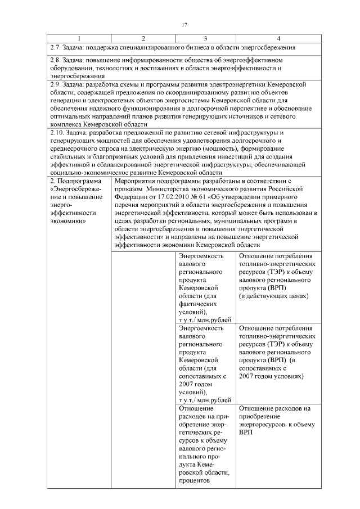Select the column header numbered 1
coord(78,38)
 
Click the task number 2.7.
coord(55,47)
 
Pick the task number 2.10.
coord(57,133)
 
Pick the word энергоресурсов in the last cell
coord(264,425)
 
